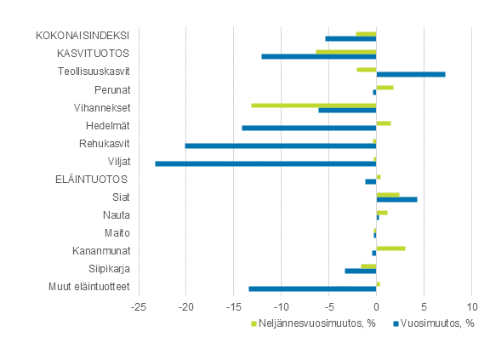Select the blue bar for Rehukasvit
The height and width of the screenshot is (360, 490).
coord(281,146)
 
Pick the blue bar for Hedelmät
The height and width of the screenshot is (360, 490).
coord(309,128)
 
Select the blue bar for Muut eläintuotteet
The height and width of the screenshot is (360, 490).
coord(312,289)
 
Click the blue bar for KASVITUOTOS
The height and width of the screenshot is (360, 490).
coord(318,56)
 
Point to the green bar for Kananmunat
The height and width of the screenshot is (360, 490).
coord(390,248)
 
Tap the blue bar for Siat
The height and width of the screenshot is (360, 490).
coord(396,199)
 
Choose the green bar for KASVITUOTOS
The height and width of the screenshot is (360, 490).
coord(345,51)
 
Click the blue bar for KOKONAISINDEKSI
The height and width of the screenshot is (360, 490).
coord(350,38)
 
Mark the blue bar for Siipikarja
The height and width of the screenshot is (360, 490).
coord(360,271)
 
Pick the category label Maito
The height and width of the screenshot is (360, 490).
coord(117,233)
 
